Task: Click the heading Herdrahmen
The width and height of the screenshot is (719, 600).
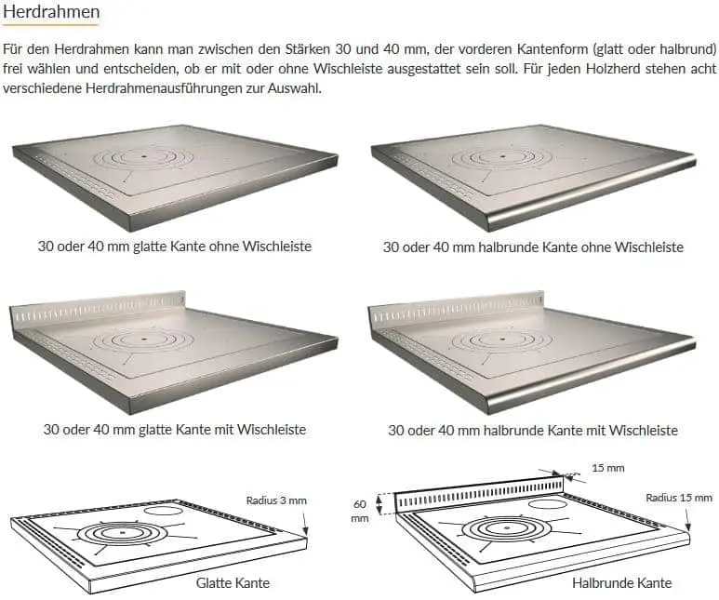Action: (51, 14)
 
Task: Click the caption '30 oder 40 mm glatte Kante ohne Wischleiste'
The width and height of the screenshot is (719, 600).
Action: (174, 247)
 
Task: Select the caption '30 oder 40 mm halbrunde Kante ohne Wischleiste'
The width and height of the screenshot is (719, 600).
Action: (533, 247)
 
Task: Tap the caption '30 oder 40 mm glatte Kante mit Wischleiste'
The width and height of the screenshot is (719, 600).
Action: (174, 430)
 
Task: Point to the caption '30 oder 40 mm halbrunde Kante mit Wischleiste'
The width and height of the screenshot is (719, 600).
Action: (533, 431)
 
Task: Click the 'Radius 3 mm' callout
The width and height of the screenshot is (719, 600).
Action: (276, 500)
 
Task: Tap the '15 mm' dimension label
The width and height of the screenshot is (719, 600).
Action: (608, 468)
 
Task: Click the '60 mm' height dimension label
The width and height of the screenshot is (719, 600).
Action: (360, 511)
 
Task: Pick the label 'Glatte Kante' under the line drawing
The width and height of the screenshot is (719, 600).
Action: (233, 582)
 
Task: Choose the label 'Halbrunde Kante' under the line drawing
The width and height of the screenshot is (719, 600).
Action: (621, 583)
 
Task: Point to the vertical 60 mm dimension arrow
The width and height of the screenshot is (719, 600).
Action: (379, 503)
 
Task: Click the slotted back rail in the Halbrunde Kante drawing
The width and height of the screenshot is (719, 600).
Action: (479, 493)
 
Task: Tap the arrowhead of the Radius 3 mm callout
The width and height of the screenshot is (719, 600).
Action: (304, 533)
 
